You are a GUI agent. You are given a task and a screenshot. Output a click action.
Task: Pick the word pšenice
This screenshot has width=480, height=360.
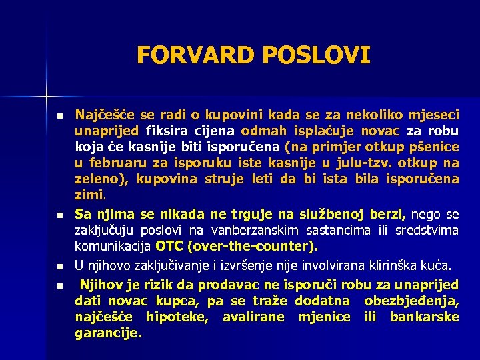tap(435, 147)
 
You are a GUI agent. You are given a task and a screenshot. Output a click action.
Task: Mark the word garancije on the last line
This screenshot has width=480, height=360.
tap(107, 333)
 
